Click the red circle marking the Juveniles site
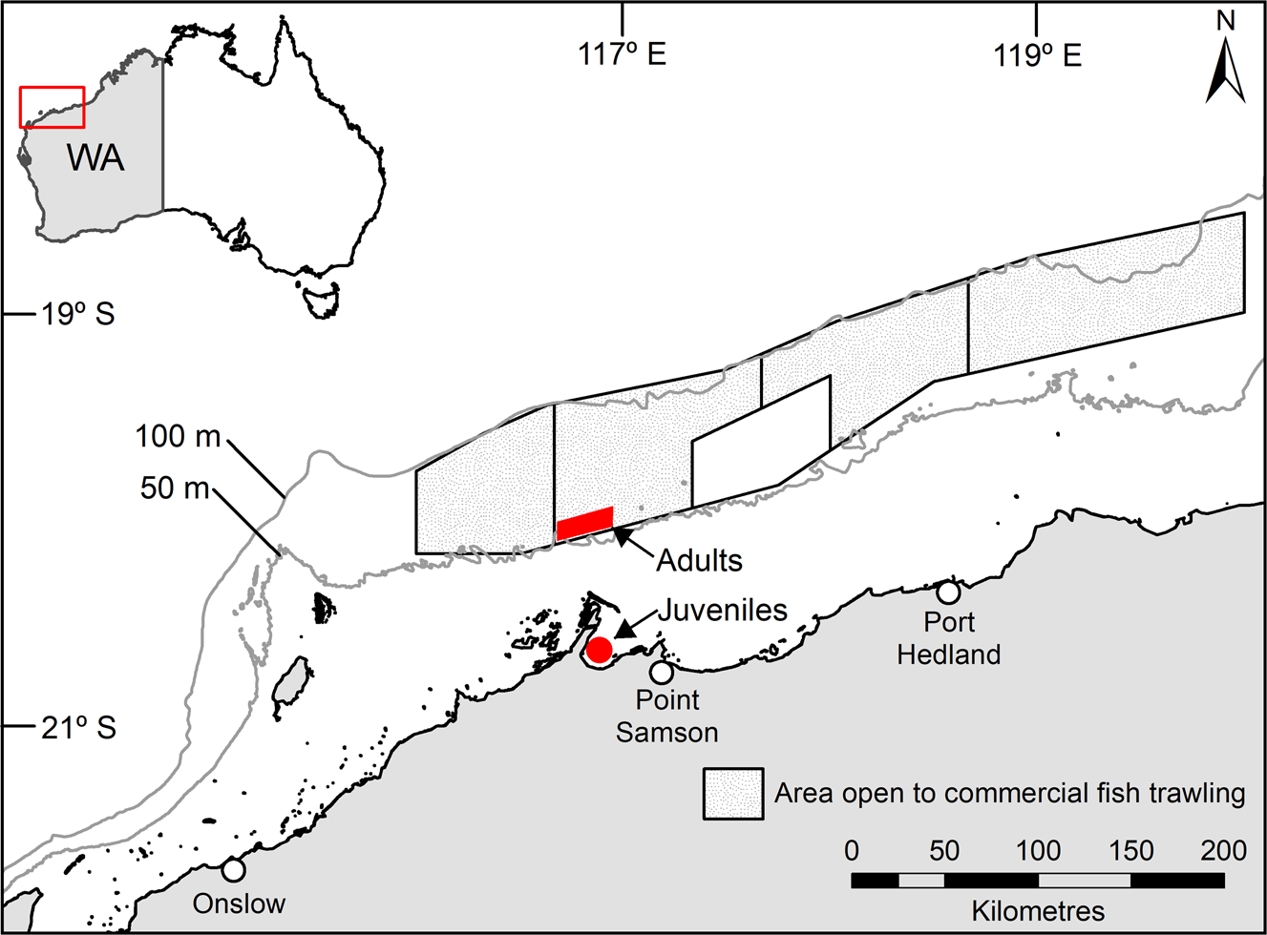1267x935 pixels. (x=599, y=651)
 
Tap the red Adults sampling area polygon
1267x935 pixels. (x=584, y=523)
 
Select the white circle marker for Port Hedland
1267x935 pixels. (x=948, y=592)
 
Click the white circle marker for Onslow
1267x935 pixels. (x=233, y=869)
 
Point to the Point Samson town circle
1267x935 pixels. (x=662, y=673)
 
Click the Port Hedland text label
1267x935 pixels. (x=949, y=638)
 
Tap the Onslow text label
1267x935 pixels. (x=239, y=904)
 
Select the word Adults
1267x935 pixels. (x=699, y=560)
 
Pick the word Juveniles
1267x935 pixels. (x=722, y=610)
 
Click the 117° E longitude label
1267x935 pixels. (x=622, y=54)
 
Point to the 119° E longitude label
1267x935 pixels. (x=1038, y=54)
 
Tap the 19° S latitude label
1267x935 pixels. (x=77, y=313)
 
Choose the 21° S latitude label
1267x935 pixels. (x=78, y=728)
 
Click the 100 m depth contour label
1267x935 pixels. (x=178, y=436)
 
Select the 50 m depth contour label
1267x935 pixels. (x=175, y=488)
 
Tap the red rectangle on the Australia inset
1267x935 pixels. (x=53, y=107)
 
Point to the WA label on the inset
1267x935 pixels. (x=95, y=157)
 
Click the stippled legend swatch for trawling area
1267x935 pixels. (x=733, y=794)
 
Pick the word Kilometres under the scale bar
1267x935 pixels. (x=1038, y=910)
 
